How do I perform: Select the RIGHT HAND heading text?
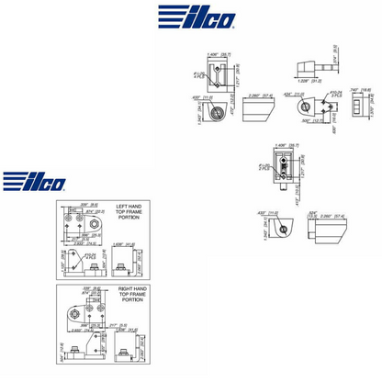tap(133, 290)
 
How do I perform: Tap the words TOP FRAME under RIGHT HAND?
tap(133, 297)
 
